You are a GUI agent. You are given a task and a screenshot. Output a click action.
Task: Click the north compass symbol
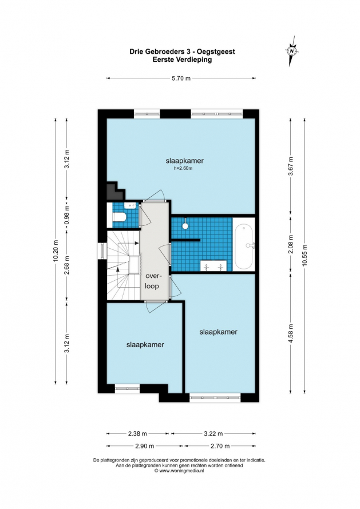292,51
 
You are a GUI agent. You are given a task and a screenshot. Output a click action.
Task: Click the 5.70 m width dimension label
181,78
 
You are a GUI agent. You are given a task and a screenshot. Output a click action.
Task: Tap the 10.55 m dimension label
304,255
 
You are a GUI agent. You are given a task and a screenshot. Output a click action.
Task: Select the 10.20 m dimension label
56,250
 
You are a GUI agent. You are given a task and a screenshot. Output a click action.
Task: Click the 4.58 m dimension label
291,331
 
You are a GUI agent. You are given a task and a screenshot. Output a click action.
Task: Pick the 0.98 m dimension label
67,216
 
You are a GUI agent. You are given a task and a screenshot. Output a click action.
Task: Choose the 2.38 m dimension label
137,434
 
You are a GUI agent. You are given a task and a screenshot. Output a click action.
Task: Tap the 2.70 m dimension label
220,446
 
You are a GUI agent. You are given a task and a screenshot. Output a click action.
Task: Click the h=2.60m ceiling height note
183,168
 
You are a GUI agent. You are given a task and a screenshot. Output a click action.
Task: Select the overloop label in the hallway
152,281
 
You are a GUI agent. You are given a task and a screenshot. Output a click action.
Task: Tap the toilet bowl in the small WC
119,217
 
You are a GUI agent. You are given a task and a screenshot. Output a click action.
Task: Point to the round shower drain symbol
185,226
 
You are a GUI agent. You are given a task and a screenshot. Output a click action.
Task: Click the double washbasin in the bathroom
213,265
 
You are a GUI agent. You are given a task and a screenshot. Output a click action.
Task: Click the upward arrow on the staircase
118,268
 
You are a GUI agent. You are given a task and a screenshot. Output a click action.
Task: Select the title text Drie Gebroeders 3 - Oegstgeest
182,51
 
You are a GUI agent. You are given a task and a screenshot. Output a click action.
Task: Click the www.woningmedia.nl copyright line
179,470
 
